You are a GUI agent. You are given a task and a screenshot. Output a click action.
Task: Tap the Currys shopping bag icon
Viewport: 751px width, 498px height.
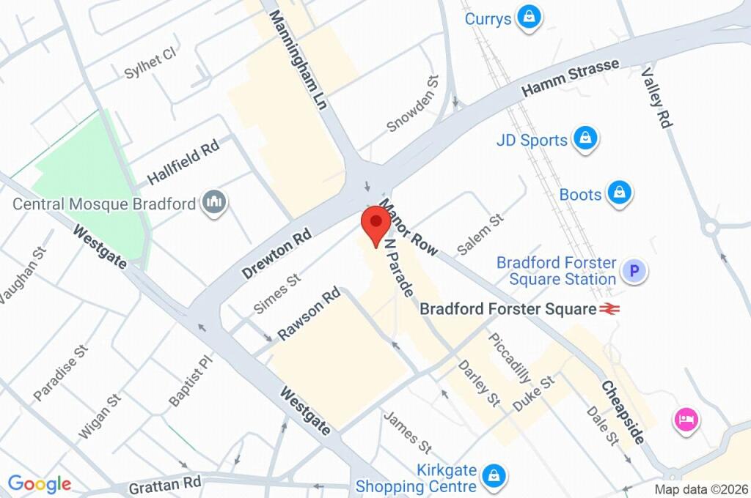528,18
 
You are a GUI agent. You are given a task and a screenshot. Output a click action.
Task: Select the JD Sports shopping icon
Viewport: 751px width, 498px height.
585,139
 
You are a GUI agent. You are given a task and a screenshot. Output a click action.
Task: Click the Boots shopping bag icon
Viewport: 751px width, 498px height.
620,194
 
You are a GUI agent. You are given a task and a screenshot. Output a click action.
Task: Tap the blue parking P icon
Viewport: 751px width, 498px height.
634,272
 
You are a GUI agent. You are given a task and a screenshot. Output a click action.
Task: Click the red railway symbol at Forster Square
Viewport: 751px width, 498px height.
608,309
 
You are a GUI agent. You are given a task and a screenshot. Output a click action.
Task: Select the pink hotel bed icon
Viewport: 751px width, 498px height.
686,420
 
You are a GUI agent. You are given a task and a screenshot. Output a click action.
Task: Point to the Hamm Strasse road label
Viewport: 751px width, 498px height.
570,78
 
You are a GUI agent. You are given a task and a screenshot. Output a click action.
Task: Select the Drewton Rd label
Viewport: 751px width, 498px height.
276,253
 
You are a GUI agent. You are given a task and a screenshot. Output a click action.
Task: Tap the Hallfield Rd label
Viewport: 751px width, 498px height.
183,163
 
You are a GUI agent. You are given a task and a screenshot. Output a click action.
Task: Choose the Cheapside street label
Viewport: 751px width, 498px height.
623,412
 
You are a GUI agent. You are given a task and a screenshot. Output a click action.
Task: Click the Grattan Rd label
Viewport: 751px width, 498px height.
164,485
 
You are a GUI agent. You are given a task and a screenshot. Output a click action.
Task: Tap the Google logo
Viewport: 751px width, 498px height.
40,483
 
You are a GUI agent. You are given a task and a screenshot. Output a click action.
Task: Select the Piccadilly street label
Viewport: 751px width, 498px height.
509,359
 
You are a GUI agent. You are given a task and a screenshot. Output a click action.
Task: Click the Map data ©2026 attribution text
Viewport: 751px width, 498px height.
700,489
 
